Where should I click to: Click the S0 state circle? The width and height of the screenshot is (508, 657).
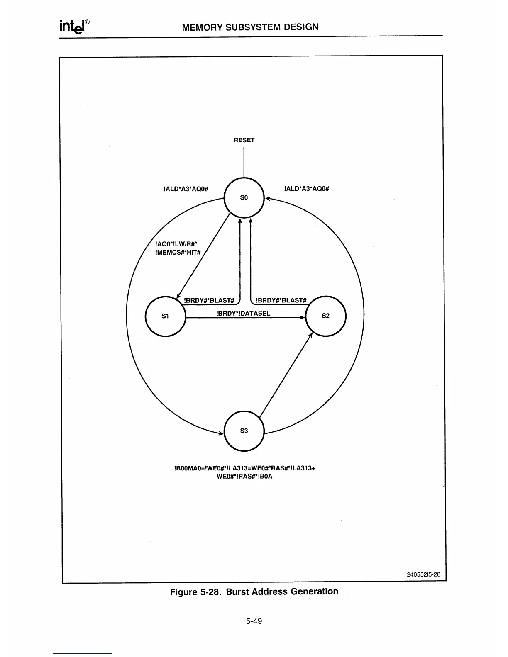pyautogui.click(x=244, y=197)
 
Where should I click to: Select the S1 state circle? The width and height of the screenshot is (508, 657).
pyautogui.click(x=165, y=316)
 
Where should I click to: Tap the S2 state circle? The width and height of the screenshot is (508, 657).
pyautogui.click(x=325, y=316)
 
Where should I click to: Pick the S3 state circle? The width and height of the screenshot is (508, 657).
pyautogui.click(x=244, y=431)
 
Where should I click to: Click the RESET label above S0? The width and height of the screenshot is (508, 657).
pyautogui.click(x=244, y=140)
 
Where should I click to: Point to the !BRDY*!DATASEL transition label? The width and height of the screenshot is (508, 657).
pyautogui.click(x=244, y=314)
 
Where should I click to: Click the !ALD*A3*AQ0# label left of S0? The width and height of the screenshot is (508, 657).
pyautogui.click(x=186, y=189)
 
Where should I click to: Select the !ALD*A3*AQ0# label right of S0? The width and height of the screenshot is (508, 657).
pyautogui.click(x=307, y=189)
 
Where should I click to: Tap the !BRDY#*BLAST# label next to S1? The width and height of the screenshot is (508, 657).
pyautogui.click(x=209, y=300)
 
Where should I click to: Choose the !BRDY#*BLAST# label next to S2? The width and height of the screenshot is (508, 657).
pyautogui.click(x=281, y=300)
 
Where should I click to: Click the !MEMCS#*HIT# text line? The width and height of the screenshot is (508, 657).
pyautogui.click(x=178, y=253)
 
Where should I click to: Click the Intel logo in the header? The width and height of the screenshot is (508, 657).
pyautogui.click(x=75, y=27)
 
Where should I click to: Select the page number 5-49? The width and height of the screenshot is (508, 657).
pyautogui.click(x=254, y=621)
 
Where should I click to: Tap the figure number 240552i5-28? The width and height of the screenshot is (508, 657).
pyautogui.click(x=423, y=574)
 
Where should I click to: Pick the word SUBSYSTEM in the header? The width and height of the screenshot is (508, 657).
pyautogui.click(x=250, y=27)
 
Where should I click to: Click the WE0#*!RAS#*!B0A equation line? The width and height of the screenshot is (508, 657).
pyautogui.click(x=244, y=476)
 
